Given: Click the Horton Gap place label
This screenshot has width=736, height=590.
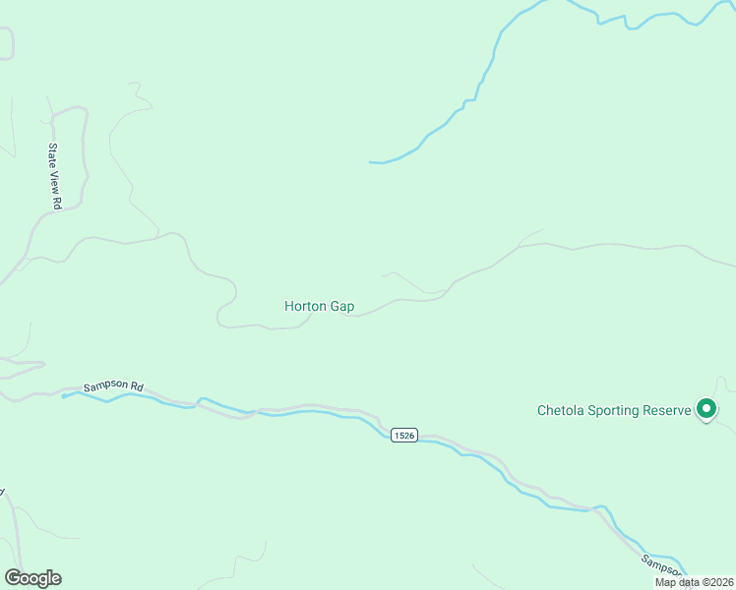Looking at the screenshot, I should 319,306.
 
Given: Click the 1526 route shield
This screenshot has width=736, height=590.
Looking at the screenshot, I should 401,435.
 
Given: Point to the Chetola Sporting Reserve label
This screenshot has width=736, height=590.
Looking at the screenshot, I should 614,410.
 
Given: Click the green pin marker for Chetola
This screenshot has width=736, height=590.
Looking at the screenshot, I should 705,408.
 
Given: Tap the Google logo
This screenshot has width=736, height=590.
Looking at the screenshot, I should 32,578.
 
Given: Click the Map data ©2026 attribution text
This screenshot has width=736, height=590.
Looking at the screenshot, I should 695,582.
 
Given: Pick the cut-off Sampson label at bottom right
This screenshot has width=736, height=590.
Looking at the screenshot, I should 660,568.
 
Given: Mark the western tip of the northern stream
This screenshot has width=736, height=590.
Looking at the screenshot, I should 371,161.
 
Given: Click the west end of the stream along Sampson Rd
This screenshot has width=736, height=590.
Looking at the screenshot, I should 63,396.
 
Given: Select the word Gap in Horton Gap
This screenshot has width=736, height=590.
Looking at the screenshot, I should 341,306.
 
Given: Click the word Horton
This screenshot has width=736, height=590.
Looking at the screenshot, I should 305,306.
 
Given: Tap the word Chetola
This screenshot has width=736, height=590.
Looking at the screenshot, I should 563,410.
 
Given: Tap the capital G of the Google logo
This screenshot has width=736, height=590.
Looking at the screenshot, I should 12,578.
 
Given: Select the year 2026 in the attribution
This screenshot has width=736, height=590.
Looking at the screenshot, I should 718,582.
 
